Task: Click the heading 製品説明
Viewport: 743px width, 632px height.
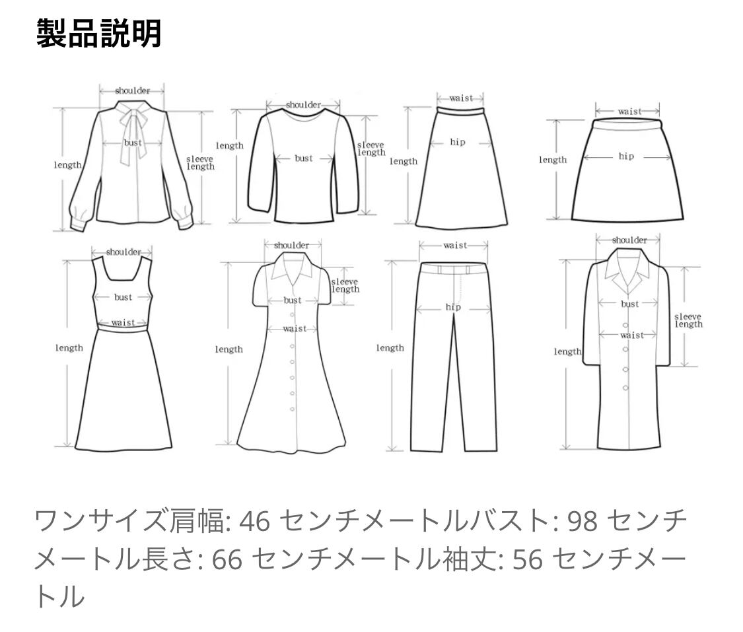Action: pyautogui.click(x=98, y=33)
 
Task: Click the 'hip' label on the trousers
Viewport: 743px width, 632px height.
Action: pyautogui.click(x=453, y=307)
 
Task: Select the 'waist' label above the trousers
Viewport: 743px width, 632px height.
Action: pyautogui.click(x=455, y=245)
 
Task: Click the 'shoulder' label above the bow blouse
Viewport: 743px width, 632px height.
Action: pyautogui.click(x=132, y=90)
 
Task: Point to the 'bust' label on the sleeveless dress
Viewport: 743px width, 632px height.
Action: pyautogui.click(x=123, y=297)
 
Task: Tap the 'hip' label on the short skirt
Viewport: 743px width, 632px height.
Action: pyautogui.click(x=626, y=157)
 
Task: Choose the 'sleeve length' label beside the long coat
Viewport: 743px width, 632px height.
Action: pyautogui.click(x=688, y=320)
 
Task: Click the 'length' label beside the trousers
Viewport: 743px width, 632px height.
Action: pyautogui.click(x=390, y=348)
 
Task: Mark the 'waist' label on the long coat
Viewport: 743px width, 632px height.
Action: pyautogui.click(x=631, y=335)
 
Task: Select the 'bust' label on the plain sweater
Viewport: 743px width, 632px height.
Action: pyautogui.click(x=304, y=158)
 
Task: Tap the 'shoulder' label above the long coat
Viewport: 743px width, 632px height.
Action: pyautogui.click(x=629, y=240)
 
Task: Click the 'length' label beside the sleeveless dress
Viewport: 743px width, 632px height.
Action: pyautogui.click(x=69, y=348)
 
